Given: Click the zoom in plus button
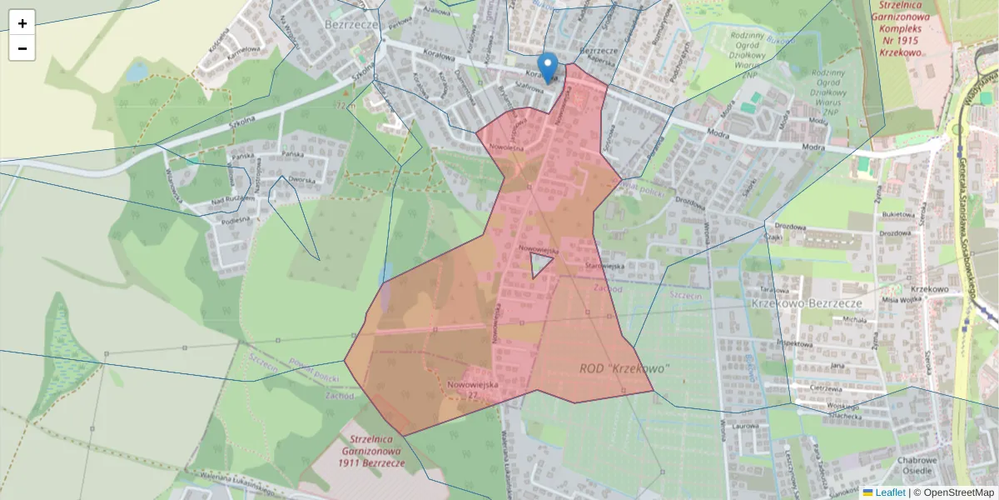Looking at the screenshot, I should pyautogui.click(x=22, y=23).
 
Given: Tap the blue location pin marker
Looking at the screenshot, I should pyautogui.click(x=547, y=66).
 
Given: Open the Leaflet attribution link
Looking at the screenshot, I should pyautogui.click(x=889, y=492).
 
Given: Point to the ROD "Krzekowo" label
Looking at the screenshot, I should pyautogui.click(x=624, y=367).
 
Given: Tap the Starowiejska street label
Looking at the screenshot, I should pyautogui.click(x=604, y=266).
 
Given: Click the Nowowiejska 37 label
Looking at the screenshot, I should pyautogui.click(x=472, y=390).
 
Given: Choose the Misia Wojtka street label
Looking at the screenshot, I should pyautogui.click(x=903, y=299).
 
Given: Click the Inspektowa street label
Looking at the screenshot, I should pyautogui.click(x=793, y=343).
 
